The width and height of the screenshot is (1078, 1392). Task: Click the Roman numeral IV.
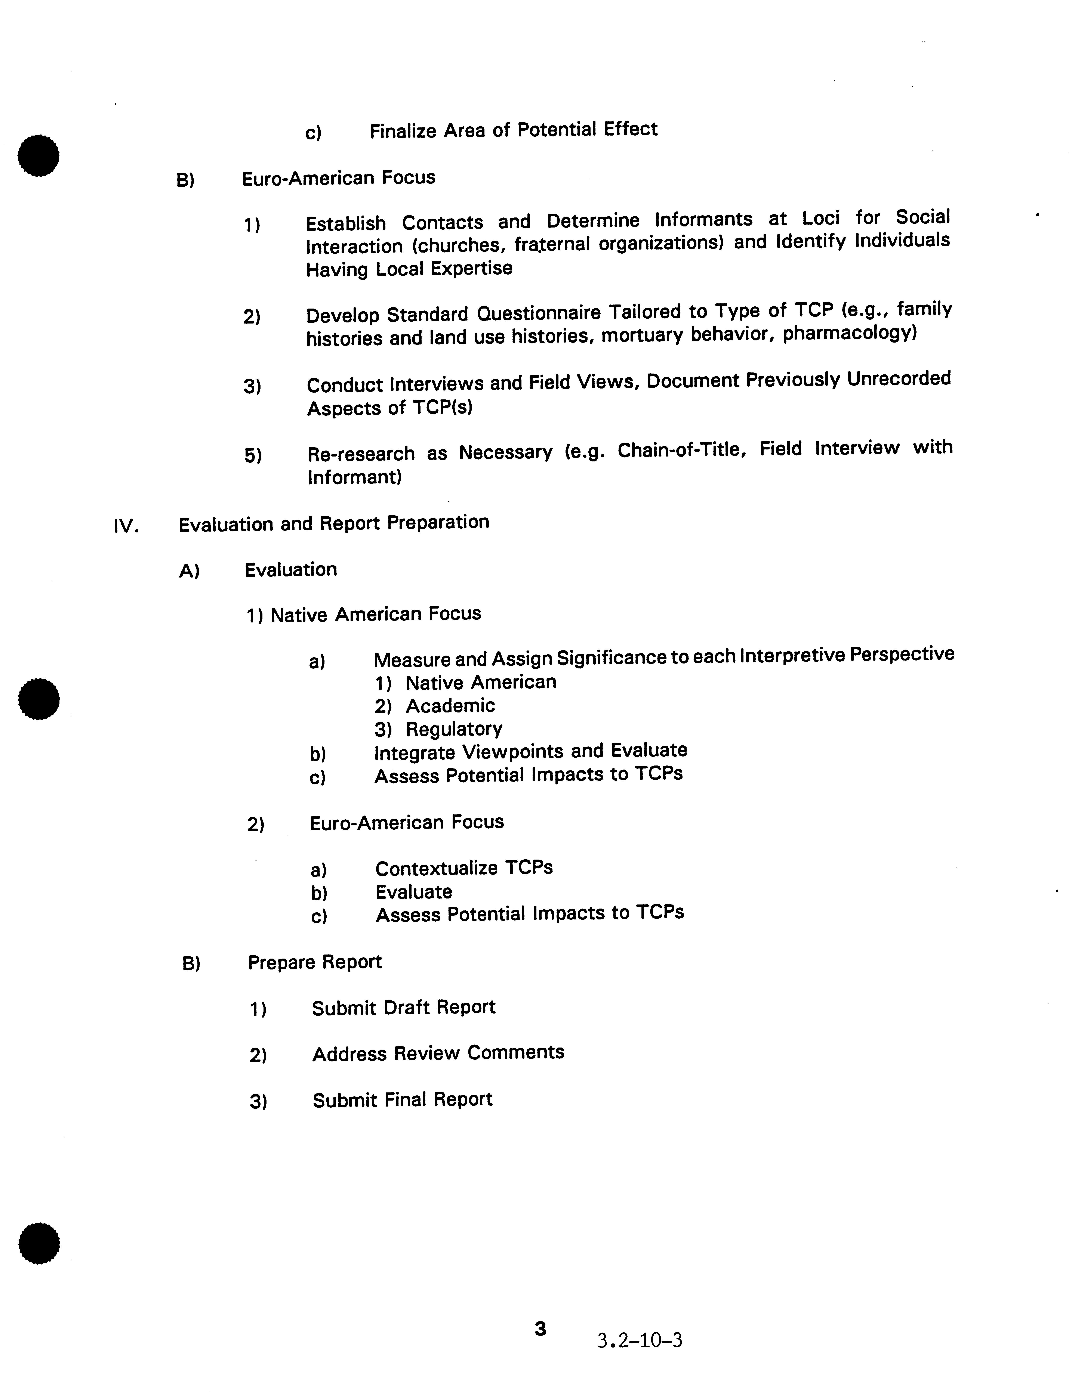126,526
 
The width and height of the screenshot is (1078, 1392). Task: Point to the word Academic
450,706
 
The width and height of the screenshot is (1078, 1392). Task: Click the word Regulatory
454,729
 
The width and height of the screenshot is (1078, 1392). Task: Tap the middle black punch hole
39,699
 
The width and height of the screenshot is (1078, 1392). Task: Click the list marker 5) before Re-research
252,456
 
